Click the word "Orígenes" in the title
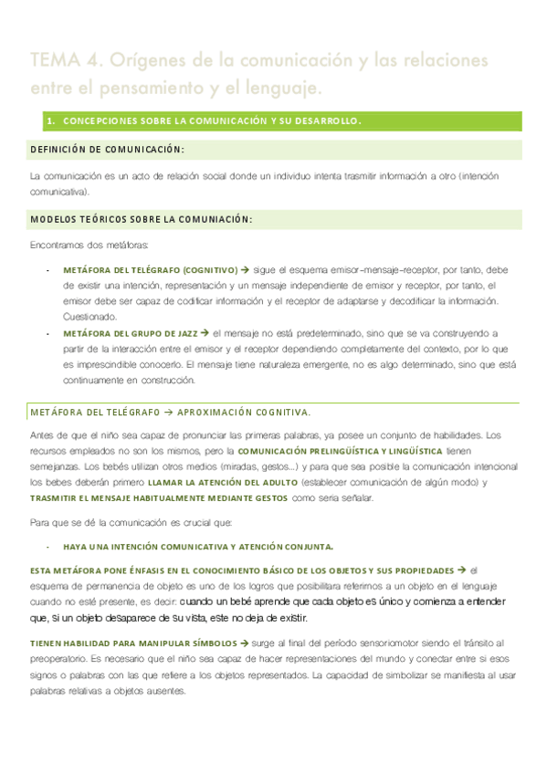click(148, 61)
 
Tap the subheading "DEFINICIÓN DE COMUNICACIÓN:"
click(107, 149)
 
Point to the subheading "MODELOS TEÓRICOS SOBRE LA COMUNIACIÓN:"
click(142, 219)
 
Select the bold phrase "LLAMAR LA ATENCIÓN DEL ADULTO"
click(213, 482)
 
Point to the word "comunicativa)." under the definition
click(59, 193)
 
